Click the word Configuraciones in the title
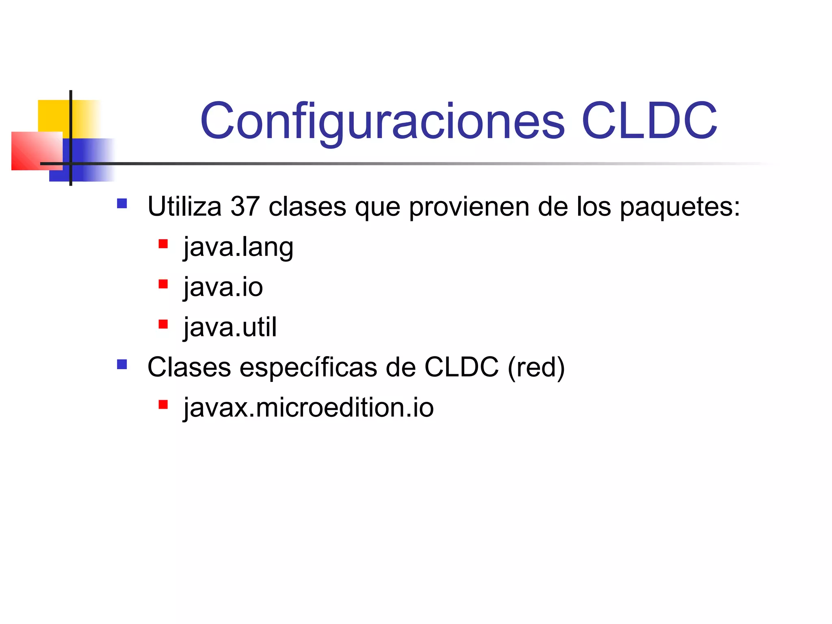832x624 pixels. click(x=382, y=121)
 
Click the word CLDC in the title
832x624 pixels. click(x=649, y=121)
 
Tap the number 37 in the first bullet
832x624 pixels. click(x=245, y=206)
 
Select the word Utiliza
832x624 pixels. click(x=184, y=206)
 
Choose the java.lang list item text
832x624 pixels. click(x=238, y=247)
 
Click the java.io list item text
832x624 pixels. click(x=223, y=287)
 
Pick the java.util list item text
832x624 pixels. click(x=230, y=327)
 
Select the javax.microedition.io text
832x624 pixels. click(x=309, y=407)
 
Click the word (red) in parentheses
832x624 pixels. click(x=536, y=367)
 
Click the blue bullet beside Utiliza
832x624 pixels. click(x=122, y=203)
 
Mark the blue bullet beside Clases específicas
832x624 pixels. click(x=122, y=364)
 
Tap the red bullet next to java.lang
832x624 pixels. click(x=163, y=244)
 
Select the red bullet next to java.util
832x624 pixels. click(x=163, y=324)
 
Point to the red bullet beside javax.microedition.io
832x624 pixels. click(x=163, y=405)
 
